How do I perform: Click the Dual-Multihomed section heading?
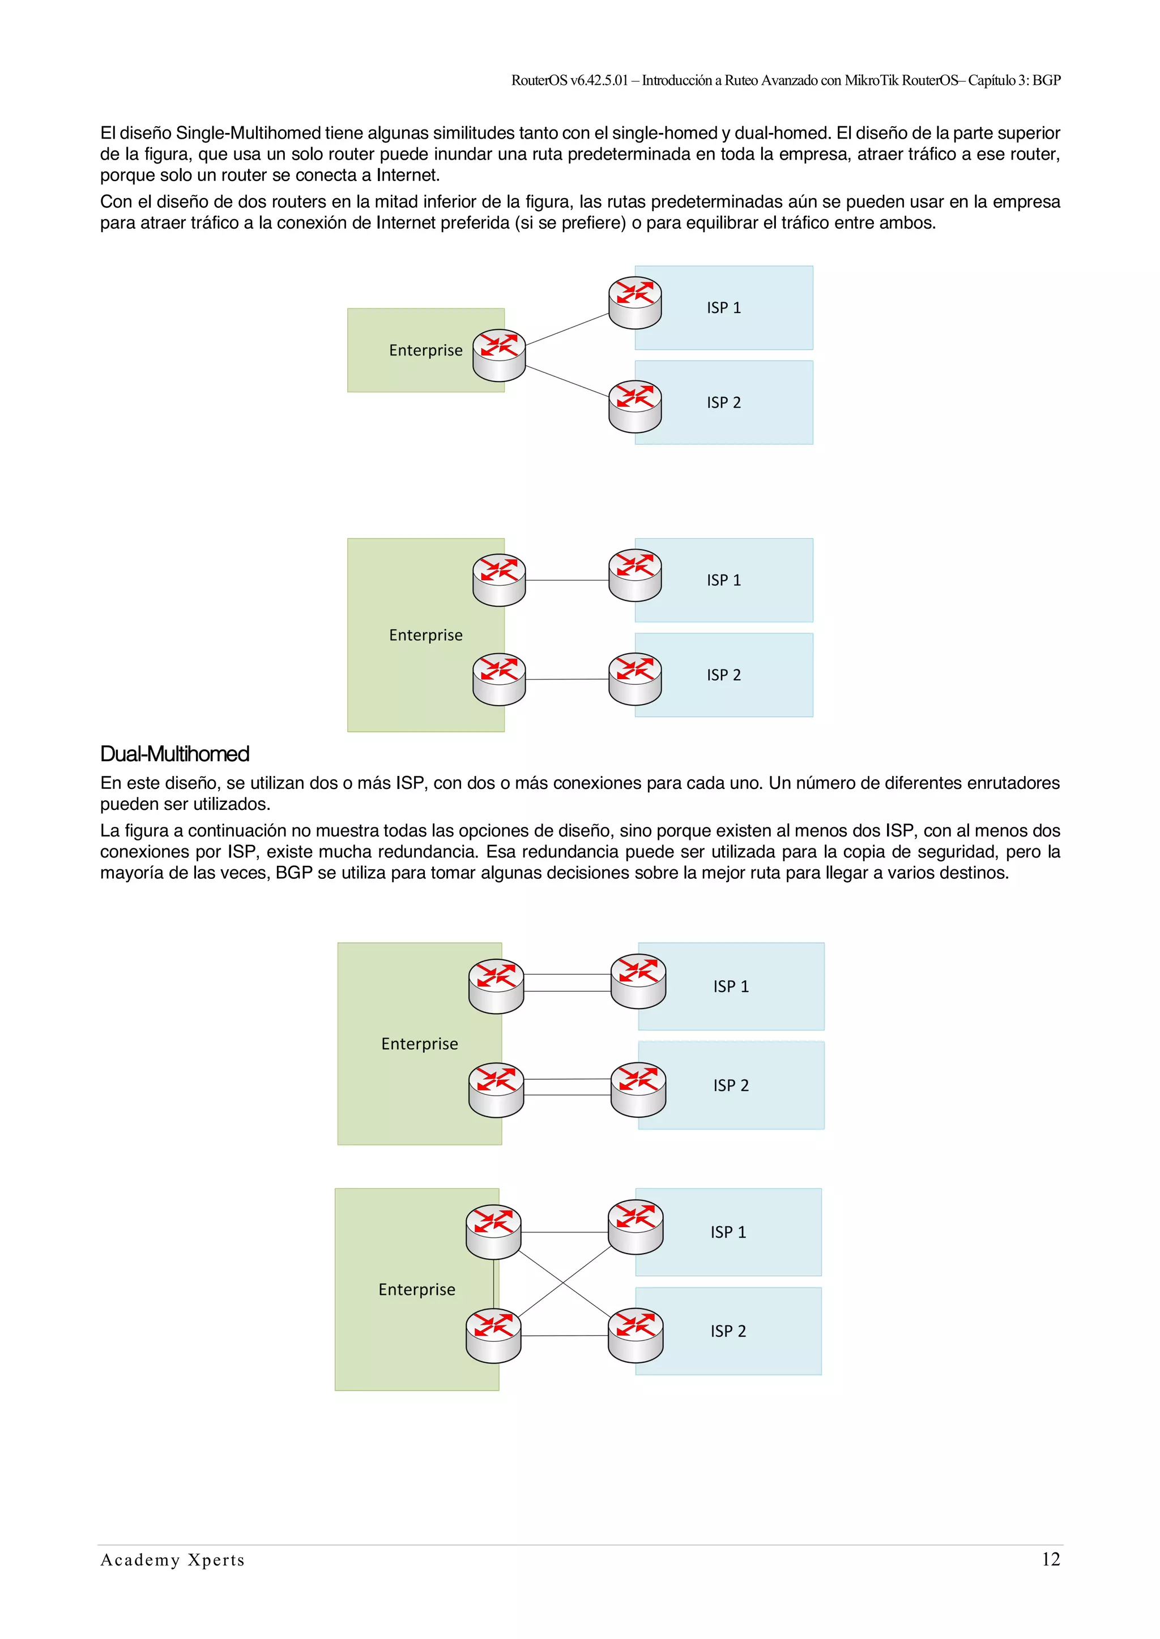[x=174, y=754]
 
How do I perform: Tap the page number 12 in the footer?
[x=1050, y=1560]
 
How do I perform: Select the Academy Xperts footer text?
[x=172, y=1560]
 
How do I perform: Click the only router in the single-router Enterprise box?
[x=498, y=355]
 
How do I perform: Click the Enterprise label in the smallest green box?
[x=426, y=350]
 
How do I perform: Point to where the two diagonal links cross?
[x=564, y=1283]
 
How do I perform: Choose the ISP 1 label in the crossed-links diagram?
[x=728, y=1232]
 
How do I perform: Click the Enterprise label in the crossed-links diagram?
[x=416, y=1289]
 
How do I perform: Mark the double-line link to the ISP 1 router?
[x=567, y=983]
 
